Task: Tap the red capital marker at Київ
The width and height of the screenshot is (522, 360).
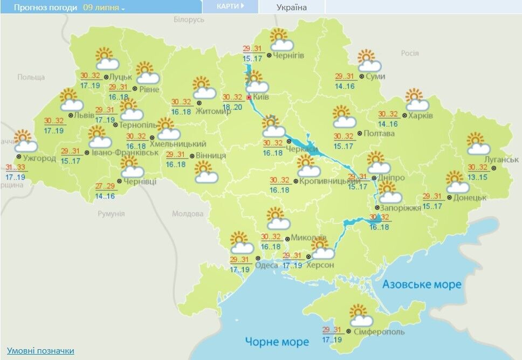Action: click(x=249, y=98)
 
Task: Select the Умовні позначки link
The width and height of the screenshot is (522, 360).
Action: click(x=40, y=351)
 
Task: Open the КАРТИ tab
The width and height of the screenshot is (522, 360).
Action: click(x=230, y=6)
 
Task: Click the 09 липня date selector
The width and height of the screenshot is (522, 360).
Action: click(x=104, y=8)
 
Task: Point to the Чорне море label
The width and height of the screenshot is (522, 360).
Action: click(x=277, y=342)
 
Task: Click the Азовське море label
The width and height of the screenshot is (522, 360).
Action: click(x=422, y=284)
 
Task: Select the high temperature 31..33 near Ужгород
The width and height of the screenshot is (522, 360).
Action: click(x=15, y=167)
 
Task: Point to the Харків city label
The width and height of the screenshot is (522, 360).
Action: click(x=421, y=116)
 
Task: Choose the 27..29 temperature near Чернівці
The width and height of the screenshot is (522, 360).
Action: click(x=105, y=186)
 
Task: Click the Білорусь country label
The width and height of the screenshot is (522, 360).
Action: click(x=189, y=20)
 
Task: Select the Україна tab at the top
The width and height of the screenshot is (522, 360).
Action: click(x=291, y=8)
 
